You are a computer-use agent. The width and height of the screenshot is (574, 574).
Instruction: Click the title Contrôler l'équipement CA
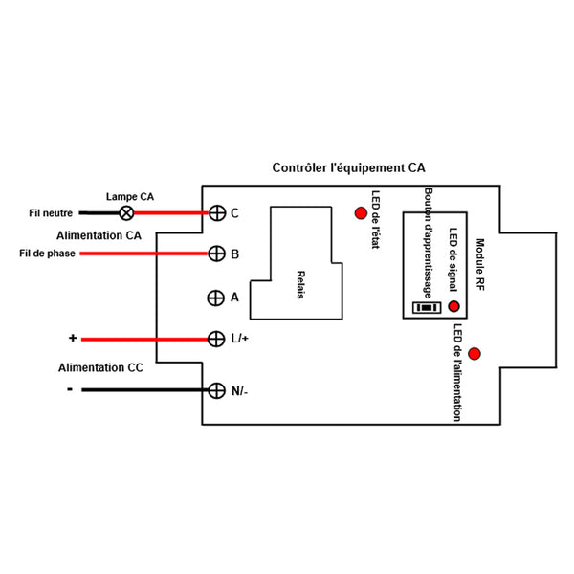(348, 167)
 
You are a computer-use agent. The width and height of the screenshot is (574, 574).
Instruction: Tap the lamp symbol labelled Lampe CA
(123, 212)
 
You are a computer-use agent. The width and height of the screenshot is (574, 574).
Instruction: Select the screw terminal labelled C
(216, 212)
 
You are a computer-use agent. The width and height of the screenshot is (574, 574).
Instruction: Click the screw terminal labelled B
(216, 254)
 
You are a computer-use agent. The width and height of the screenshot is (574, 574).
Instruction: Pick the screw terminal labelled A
(216, 297)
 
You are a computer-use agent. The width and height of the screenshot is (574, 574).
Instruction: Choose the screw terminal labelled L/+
(216, 339)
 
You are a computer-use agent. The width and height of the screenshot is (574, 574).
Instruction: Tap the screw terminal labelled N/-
(216, 389)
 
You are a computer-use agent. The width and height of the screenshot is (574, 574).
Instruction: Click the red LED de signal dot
(453, 307)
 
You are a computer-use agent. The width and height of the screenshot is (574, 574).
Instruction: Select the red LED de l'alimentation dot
(475, 354)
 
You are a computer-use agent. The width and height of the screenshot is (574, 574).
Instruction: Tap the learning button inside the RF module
(424, 308)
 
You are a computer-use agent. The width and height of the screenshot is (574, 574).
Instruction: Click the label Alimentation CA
(99, 234)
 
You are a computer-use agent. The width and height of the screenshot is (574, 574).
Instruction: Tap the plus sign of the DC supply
(72, 339)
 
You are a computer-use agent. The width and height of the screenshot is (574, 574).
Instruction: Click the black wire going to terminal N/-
(143, 389)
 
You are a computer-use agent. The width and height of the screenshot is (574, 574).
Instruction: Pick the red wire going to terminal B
(143, 254)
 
